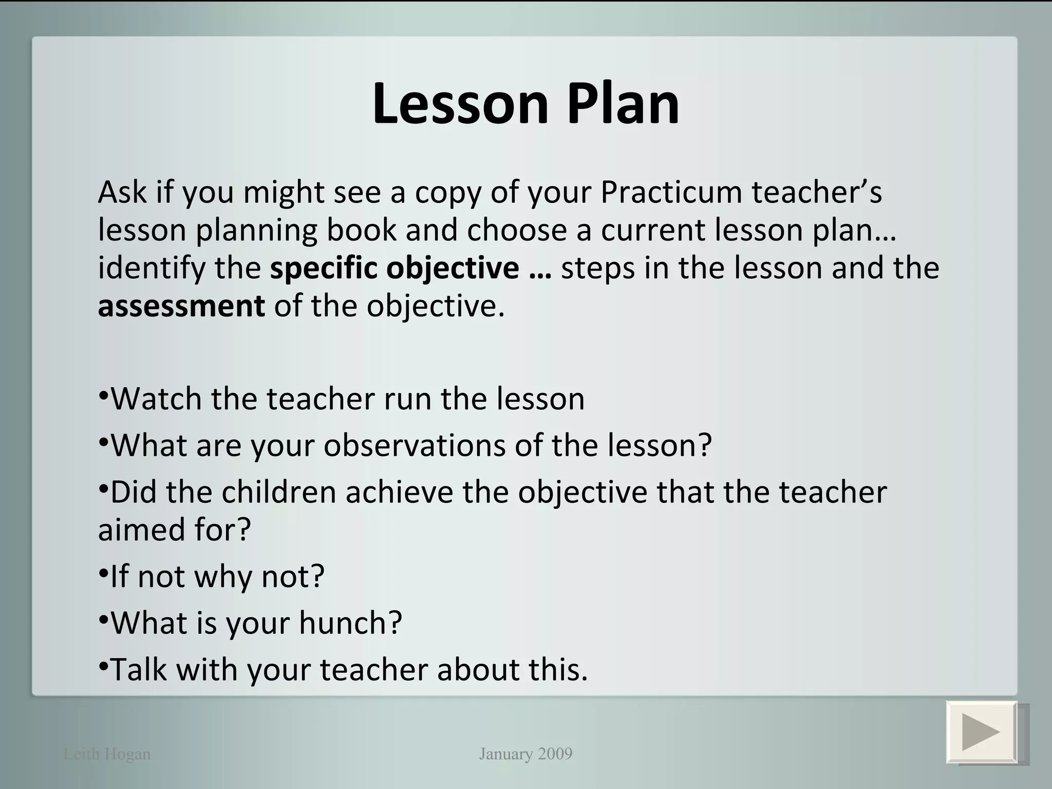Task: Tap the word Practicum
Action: (671, 192)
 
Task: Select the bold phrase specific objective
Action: (394, 268)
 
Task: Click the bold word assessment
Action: (181, 306)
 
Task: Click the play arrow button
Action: (982, 732)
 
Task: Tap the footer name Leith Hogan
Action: (107, 754)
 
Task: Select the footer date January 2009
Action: (525, 754)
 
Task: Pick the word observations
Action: (415, 445)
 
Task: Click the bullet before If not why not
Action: (103, 572)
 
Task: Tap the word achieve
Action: (399, 492)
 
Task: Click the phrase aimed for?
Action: (174, 530)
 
